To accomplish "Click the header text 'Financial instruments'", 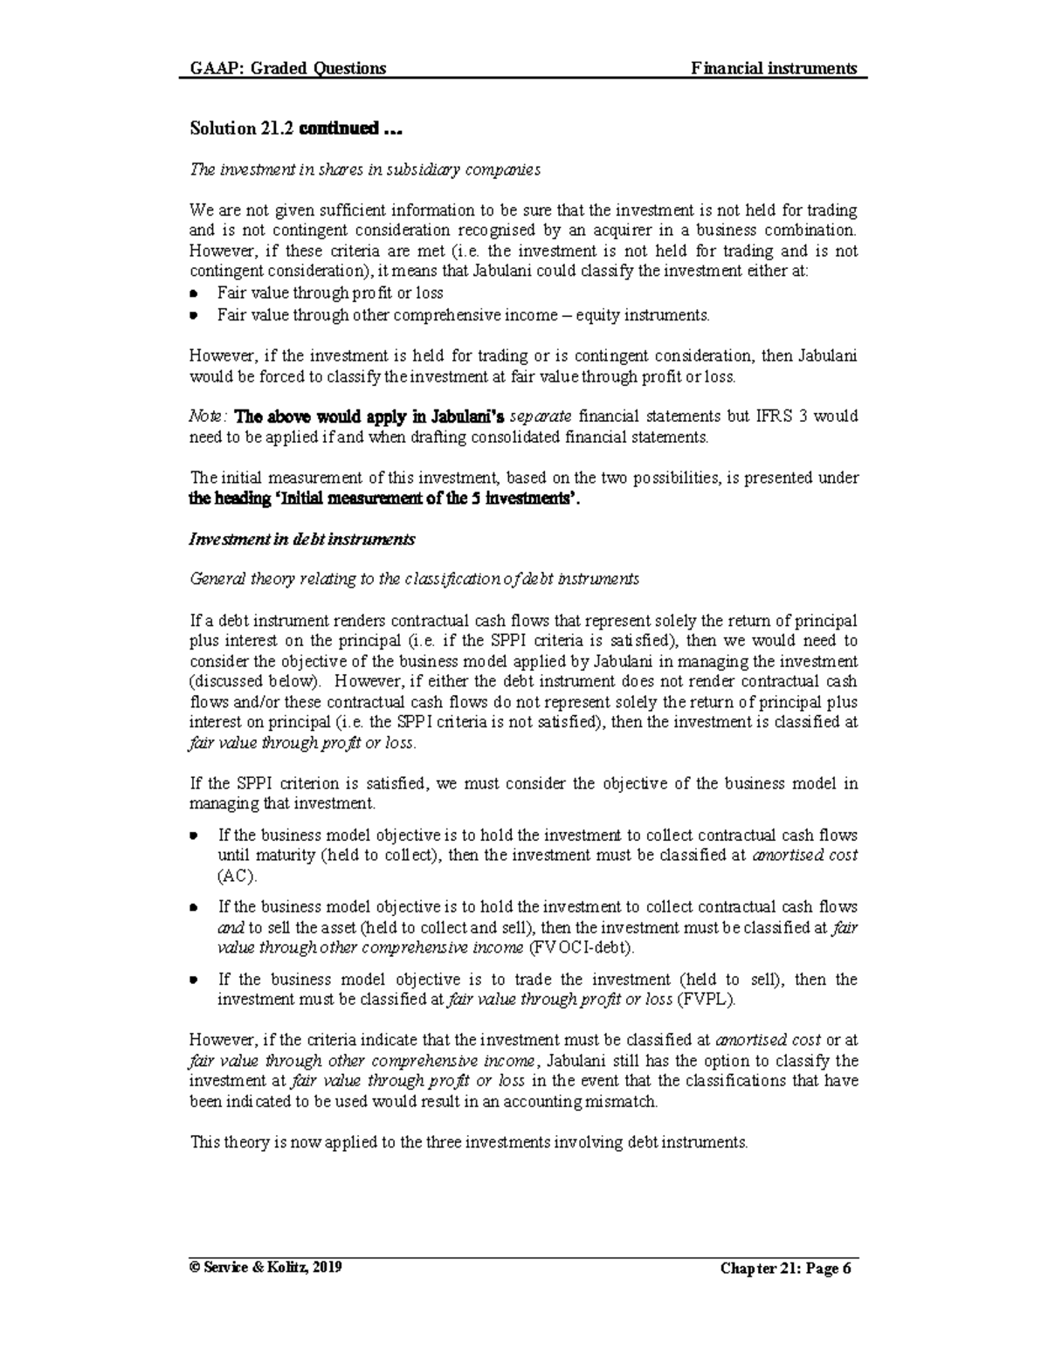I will [774, 69].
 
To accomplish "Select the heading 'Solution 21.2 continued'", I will [297, 129].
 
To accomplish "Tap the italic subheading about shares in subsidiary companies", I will [365, 169].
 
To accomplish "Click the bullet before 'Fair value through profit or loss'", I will [194, 294].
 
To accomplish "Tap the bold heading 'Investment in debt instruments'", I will [302, 540].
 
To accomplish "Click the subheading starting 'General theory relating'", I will [414, 579].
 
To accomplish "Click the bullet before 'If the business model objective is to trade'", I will [194, 981].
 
